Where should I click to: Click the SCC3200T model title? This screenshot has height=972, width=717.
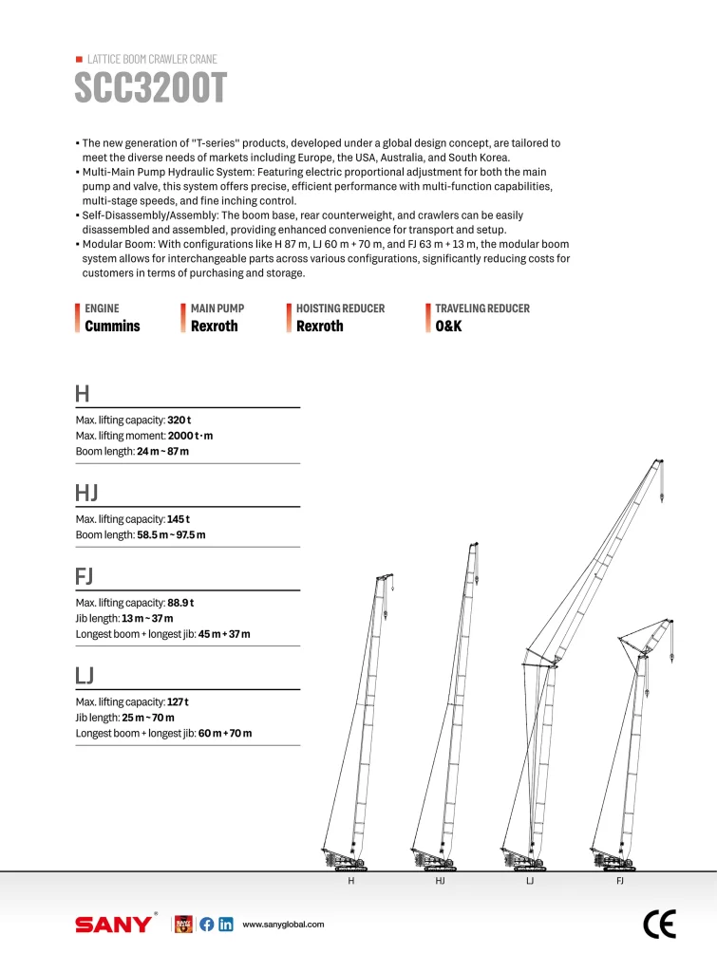[x=151, y=88]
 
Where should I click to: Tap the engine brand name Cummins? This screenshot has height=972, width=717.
[x=112, y=327]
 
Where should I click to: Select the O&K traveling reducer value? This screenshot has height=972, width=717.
[x=448, y=327]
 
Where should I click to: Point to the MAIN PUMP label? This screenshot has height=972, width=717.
[x=217, y=308]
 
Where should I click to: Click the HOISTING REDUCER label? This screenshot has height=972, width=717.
[x=340, y=308]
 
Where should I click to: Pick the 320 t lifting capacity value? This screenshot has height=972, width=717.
[x=179, y=420]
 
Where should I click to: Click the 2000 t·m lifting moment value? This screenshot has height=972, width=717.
[x=198, y=435]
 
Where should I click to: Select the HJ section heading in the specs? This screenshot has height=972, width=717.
[x=86, y=493]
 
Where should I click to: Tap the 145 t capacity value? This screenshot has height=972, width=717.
[x=179, y=519]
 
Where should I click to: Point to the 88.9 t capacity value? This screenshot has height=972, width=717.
[x=180, y=603]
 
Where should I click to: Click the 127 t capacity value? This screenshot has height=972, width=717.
[x=178, y=701]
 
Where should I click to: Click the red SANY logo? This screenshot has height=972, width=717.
[x=113, y=925]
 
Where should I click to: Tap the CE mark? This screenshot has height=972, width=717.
[x=659, y=924]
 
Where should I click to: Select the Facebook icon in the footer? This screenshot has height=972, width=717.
[x=207, y=925]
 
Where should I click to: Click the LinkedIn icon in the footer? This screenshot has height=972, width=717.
[x=226, y=925]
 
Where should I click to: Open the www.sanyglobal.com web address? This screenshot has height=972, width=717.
[x=284, y=925]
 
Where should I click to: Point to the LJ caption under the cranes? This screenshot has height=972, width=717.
[x=530, y=882]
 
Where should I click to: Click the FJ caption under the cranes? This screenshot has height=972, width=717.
[x=620, y=882]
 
